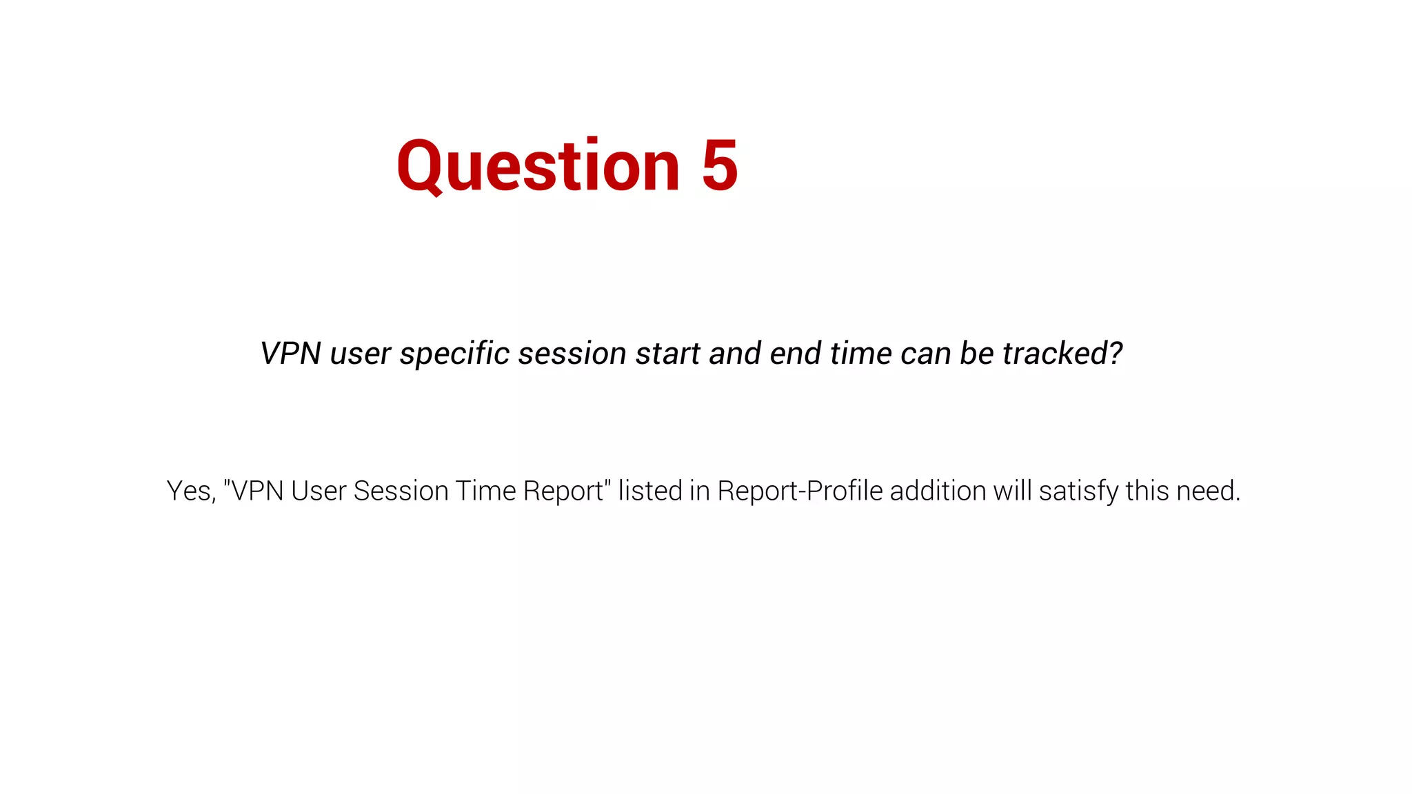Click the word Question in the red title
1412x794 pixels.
538,166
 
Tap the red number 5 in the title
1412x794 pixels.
720,166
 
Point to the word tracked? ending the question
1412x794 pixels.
1062,354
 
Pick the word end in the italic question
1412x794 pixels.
796,354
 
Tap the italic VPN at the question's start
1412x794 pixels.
290,354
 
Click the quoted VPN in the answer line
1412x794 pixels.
256,491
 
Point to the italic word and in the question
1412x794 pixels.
736,354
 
